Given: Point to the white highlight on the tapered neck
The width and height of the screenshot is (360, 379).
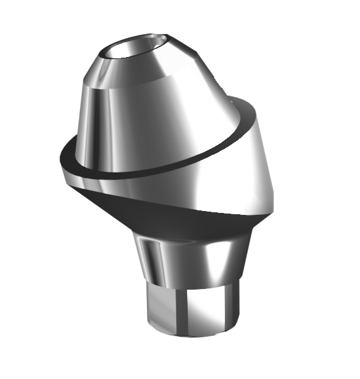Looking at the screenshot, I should pyautogui.click(x=209, y=257).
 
